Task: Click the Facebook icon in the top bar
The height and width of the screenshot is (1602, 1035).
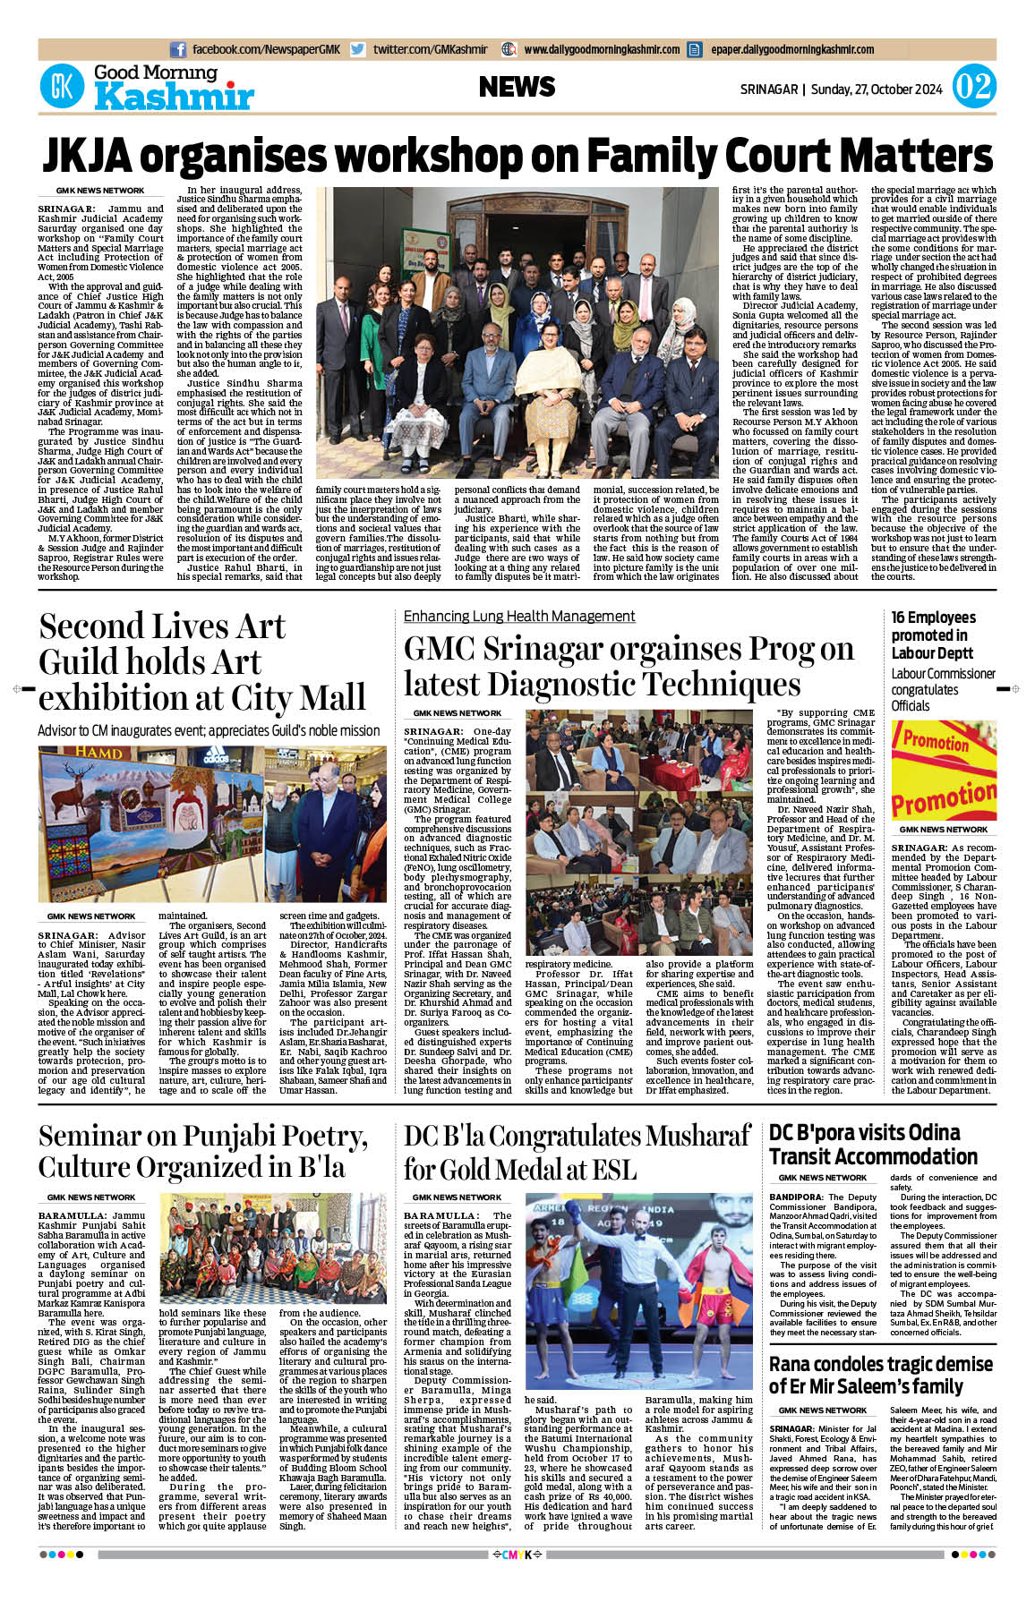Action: click(178, 50)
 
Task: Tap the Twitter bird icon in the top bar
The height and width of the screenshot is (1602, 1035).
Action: click(358, 50)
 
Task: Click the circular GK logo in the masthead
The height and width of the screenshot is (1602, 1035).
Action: click(62, 87)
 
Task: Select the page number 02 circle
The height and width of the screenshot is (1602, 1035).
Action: click(973, 87)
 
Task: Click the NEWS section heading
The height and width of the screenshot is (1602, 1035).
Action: click(517, 87)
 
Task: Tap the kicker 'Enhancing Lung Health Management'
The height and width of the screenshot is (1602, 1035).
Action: click(519, 616)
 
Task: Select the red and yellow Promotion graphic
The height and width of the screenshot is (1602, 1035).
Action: click(944, 770)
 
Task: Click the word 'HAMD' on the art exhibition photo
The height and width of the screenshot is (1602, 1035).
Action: click(98, 753)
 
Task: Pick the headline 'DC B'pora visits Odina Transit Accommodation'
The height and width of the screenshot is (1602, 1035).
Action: click(873, 1144)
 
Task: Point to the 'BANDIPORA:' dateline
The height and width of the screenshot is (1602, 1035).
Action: click(796, 1197)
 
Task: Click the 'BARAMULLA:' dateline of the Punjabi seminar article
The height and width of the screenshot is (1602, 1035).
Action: click(73, 1216)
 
